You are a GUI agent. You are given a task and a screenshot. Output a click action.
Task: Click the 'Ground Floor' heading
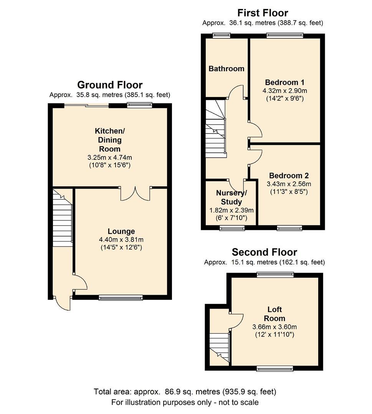pyautogui.click(x=110, y=85)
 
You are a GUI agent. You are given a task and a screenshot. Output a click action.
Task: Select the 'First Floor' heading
pyautogui.click(x=263, y=13)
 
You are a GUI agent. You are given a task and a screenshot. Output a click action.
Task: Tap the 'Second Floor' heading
pyautogui.click(x=264, y=252)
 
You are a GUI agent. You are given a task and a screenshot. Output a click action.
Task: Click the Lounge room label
pyautogui.click(x=121, y=231)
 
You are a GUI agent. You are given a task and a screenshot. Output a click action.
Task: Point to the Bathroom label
pyautogui.click(x=226, y=69)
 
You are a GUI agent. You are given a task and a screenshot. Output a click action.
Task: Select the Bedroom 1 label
pyautogui.click(x=284, y=82)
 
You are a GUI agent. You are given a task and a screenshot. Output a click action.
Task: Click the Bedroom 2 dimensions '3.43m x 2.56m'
pyautogui.click(x=289, y=184)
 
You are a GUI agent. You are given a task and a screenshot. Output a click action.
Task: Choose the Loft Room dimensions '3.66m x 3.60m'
pyautogui.click(x=274, y=327)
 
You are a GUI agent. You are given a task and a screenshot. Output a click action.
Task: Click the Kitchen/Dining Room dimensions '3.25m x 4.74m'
pyautogui.click(x=110, y=157)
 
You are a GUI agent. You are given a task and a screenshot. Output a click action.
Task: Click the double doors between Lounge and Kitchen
pyautogui.click(x=135, y=194)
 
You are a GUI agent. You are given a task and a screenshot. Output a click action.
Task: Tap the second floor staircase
pyautogui.click(x=219, y=345)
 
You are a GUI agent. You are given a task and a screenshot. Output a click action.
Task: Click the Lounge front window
pyautogui.click(x=121, y=297)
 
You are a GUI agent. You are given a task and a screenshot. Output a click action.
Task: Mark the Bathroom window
pyautogui.click(x=222, y=36)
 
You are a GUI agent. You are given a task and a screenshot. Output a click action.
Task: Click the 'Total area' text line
pyautogui.click(x=185, y=392)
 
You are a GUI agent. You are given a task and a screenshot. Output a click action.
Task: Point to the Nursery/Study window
pyautogui.click(x=232, y=228)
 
